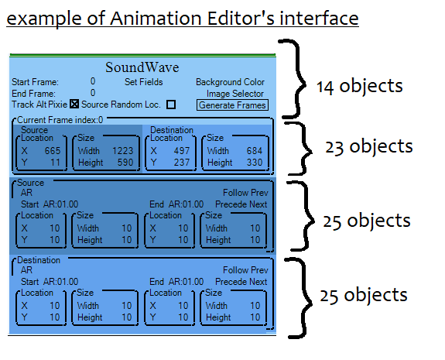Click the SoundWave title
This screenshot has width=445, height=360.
click(x=142, y=67)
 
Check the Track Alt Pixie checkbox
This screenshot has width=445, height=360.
click(x=74, y=105)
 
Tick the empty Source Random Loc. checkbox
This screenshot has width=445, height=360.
click(x=171, y=105)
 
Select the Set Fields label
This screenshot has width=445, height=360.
click(x=144, y=82)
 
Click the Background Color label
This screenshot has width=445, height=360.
click(x=230, y=82)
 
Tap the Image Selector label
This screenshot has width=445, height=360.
click(x=235, y=94)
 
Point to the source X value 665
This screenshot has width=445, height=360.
click(x=53, y=151)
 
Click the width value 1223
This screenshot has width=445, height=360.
click(x=122, y=151)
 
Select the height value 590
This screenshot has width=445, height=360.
click(x=125, y=163)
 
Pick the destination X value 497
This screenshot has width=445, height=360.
click(x=182, y=151)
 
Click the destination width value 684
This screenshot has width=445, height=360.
click(x=255, y=151)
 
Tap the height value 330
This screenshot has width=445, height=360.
click(x=255, y=163)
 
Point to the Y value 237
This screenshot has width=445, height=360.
click(x=182, y=163)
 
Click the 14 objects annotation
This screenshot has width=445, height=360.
click(x=359, y=86)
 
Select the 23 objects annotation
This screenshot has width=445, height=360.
click(x=368, y=147)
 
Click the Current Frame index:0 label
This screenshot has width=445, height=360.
click(x=60, y=120)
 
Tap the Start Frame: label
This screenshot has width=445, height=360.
click(x=35, y=82)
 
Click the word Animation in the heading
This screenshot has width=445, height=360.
click(x=156, y=19)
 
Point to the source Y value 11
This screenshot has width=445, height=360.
click(x=56, y=163)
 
